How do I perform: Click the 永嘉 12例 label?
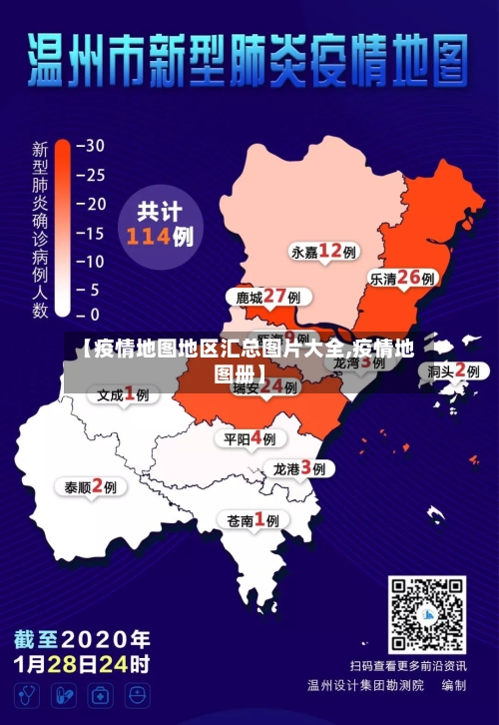324,252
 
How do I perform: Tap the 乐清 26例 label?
402,279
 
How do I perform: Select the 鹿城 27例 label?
267,297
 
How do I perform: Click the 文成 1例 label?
124,394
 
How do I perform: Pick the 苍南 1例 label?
252,519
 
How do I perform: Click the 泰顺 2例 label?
91,487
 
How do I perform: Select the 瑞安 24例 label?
264,386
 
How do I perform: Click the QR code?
426,612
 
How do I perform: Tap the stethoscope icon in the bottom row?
26,694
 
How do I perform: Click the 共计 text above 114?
160,212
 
